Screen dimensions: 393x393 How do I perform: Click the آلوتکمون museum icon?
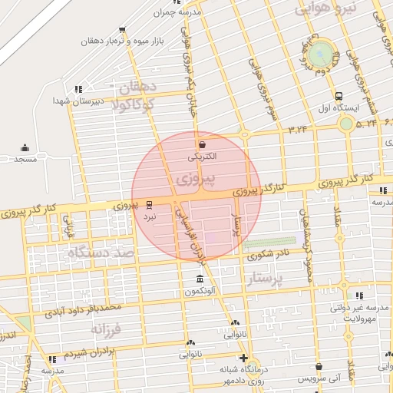[200, 279]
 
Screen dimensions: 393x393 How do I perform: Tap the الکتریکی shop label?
[203, 156]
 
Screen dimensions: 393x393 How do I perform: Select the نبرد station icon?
[149, 205]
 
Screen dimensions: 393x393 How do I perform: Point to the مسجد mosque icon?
[25, 147]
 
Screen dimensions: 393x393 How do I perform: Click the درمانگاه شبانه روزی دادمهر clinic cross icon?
[243, 358]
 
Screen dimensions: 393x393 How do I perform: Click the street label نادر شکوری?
[274, 253]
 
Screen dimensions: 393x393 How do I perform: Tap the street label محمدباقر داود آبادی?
[82, 309]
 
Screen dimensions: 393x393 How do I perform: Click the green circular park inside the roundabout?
[324, 54]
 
